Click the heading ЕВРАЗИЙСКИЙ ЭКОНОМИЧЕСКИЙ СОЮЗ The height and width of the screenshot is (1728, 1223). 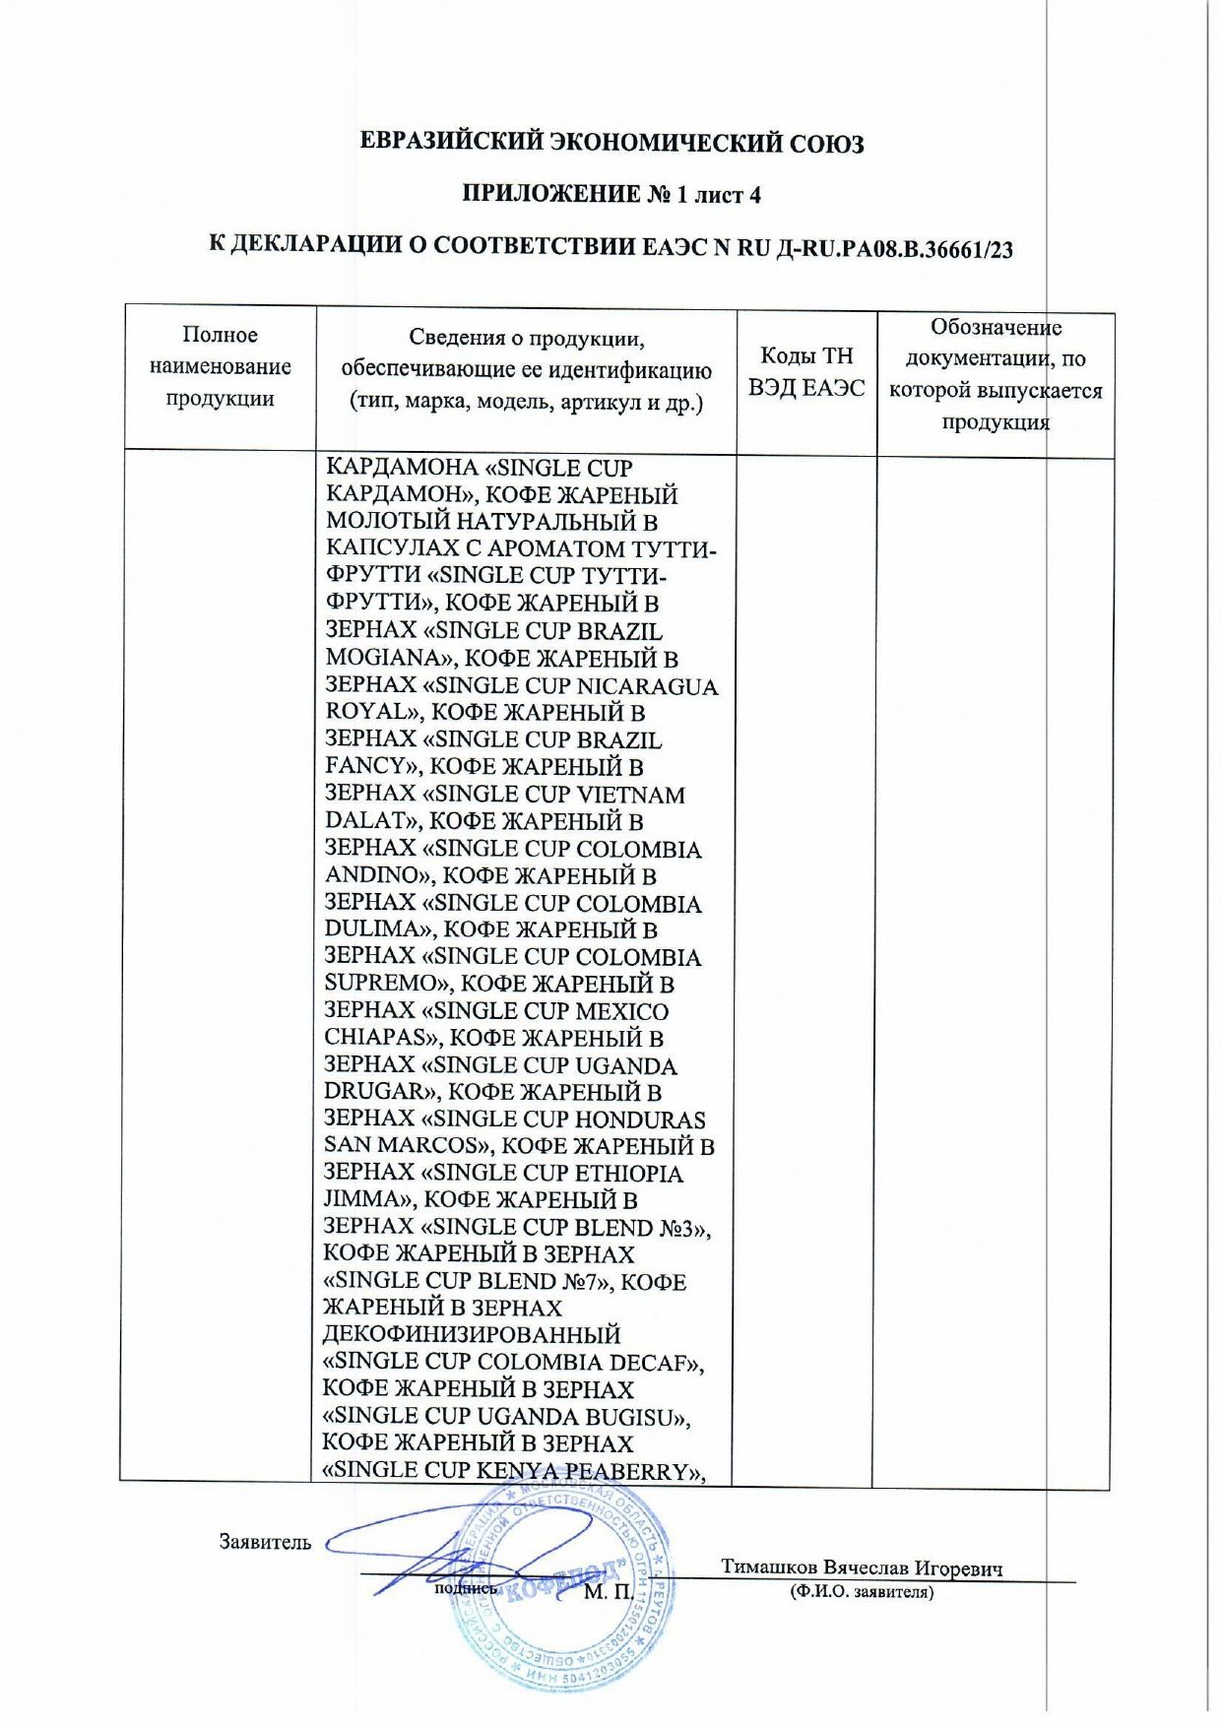[611, 143]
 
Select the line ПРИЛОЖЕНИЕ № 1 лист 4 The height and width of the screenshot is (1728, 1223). [611, 194]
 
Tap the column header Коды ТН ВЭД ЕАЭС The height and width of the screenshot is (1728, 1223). [805, 372]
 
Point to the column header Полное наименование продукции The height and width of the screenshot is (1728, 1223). [220, 366]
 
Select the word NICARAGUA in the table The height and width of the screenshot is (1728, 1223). [646, 685]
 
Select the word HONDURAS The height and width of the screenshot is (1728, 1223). [639, 1120]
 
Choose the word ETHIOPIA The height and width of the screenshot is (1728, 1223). [628, 1173]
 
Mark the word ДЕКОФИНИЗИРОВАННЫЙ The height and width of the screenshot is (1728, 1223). [471, 1335]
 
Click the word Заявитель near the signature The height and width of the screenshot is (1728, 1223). [265, 1542]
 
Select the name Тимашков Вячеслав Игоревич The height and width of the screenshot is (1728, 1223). [861, 1568]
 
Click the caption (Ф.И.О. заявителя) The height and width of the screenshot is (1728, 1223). [861, 1592]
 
